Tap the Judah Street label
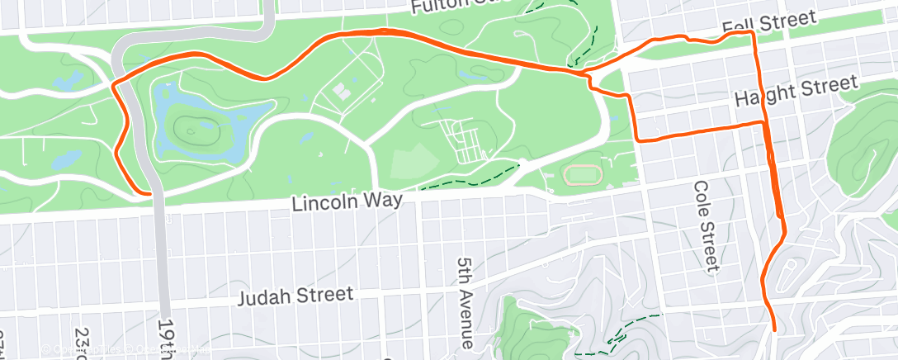296,296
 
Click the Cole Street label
705,225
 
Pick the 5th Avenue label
466,301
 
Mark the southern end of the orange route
775,329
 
